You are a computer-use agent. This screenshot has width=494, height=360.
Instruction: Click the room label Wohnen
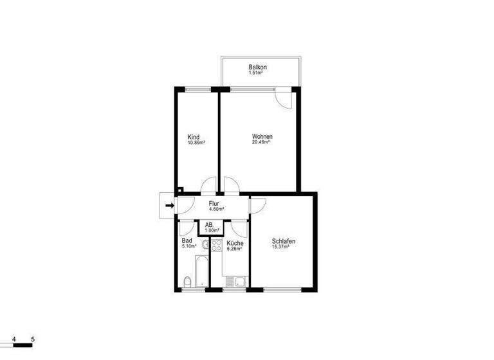click(262, 136)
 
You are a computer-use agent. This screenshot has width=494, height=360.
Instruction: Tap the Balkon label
click(258, 67)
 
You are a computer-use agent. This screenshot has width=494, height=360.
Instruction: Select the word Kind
click(194, 137)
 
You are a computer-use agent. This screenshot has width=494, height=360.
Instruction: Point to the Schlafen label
click(284, 241)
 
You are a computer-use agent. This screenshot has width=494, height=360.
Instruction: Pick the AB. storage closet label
click(209, 225)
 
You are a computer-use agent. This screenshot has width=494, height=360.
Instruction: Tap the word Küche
click(235, 244)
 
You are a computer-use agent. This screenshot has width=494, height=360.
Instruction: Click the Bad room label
click(187, 240)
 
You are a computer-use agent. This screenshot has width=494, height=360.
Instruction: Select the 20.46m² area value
click(261, 142)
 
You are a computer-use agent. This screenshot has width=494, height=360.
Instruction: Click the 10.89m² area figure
click(196, 143)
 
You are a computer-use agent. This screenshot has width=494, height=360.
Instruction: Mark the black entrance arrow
click(169, 206)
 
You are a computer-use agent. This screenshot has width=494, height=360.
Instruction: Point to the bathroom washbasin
click(203, 245)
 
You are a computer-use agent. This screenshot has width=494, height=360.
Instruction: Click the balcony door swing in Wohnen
click(283, 97)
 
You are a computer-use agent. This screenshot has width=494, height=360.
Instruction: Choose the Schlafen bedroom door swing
click(259, 206)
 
